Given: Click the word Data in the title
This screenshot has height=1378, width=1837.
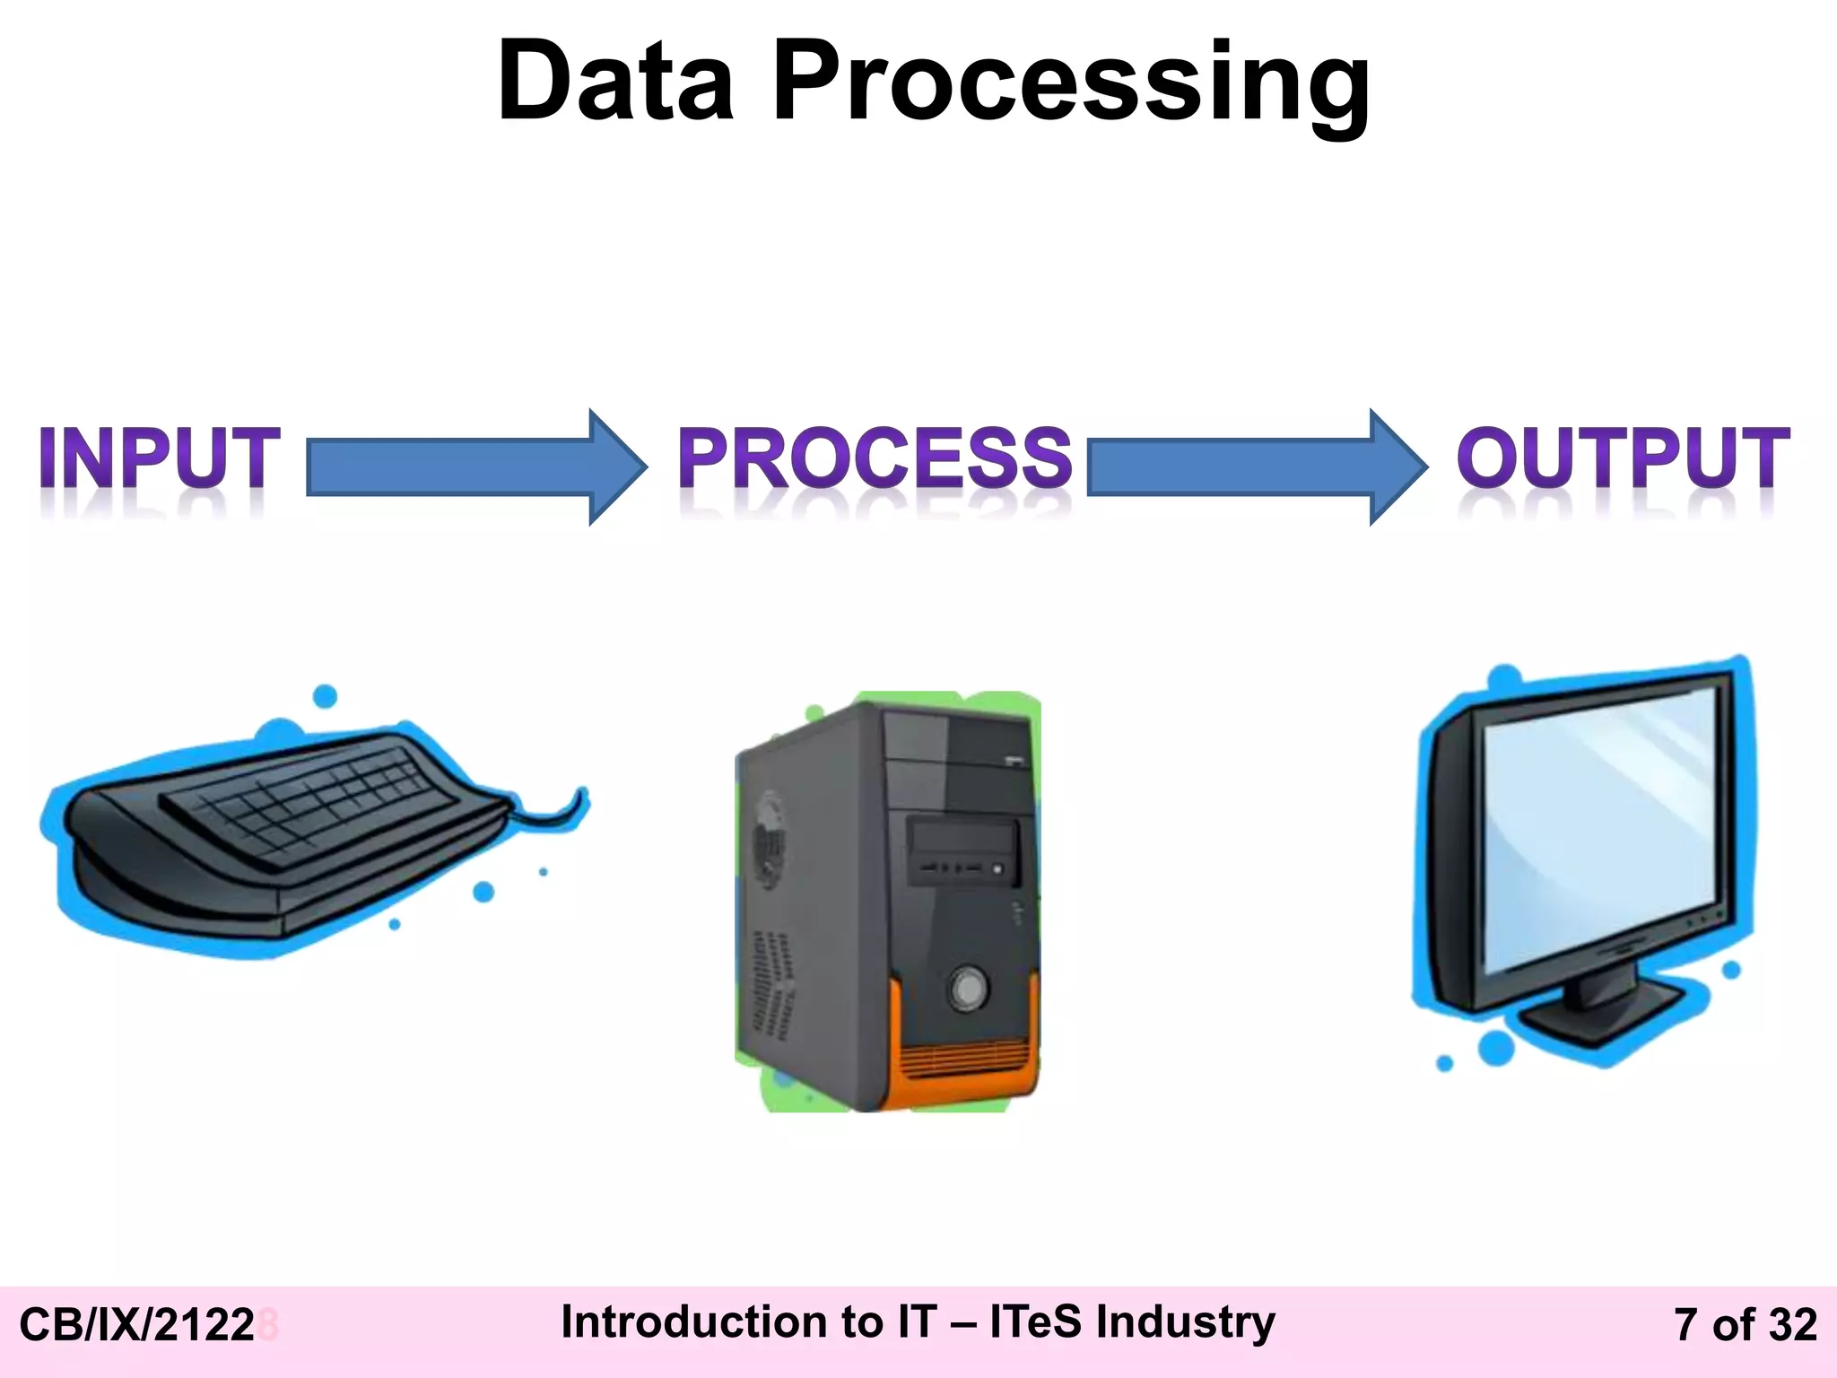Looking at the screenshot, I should pos(615,83).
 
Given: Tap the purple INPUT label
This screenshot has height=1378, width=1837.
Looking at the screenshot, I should pos(160,458).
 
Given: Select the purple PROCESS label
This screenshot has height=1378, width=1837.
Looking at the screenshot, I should pos(875,458).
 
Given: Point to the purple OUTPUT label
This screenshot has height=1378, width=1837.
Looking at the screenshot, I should pos(1623,458).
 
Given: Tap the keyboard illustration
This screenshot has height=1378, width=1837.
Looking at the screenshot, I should pos(278,834).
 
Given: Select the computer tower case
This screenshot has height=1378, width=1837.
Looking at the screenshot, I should pos(888,897).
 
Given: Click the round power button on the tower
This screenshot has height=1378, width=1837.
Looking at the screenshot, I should pos(968,989).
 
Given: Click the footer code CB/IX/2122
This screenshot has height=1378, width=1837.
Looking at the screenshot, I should pos(137,1325).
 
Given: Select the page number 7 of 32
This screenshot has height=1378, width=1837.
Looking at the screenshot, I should pos(1745,1325).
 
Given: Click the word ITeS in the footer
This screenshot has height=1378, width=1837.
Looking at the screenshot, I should pos(1035,1321).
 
